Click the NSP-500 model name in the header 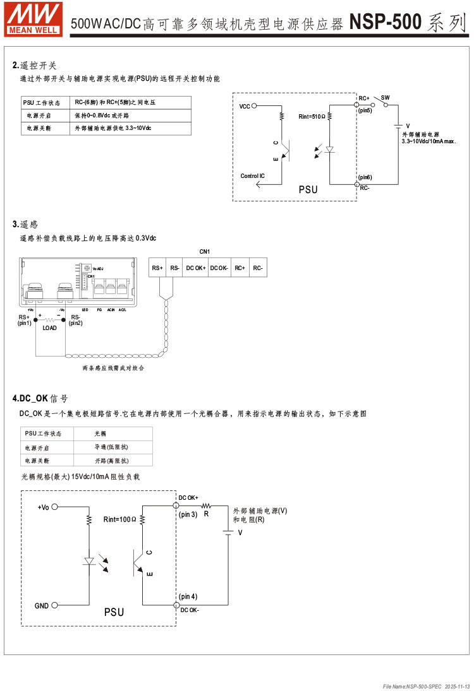coord(386,23)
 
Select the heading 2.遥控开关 coord(35,65)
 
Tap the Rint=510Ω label coord(312,117)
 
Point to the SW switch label coord(385,97)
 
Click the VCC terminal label coord(245,107)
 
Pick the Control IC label coord(253,175)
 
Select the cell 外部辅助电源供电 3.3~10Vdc coord(113,128)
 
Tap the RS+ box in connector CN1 coord(157,268)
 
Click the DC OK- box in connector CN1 coord(218,268)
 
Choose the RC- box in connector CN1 coord(258,268)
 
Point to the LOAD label coord(49,328)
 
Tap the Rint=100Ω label coord(119,519)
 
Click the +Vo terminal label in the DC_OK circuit coord(43,507)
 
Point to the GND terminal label coord(42,606)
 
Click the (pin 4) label coord(188,596)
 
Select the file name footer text coord(427,685)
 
